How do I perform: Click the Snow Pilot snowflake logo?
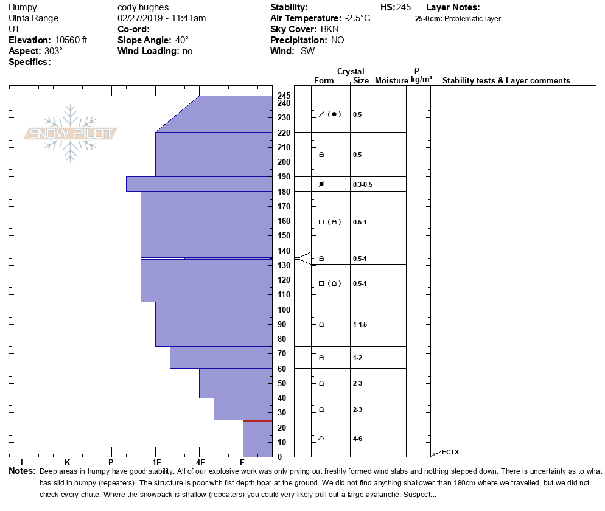click(x=71, y=134)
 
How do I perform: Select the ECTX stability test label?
click(x=450, y=452)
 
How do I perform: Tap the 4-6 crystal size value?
click(x=358, y=439)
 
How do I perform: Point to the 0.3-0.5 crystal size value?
click(x=363, y=184)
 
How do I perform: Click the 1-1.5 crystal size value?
click(x=360, y=324)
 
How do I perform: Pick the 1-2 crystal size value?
click(x=357, y=358)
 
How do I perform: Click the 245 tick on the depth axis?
click(x=284, y=96)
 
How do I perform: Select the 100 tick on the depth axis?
click(x=284, y=310)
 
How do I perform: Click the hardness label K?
click(x=68, y=463)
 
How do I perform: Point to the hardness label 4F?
click(x=200, y=463)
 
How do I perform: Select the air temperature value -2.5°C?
click(x=357, y=18)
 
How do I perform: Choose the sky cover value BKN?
click(x=329, y=29)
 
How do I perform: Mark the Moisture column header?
click(x=391, y=81)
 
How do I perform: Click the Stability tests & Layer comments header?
click(x=506, y=81)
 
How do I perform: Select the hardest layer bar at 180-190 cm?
click(x=198, y=184)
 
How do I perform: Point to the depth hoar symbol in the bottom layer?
click(x=321, y=439)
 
